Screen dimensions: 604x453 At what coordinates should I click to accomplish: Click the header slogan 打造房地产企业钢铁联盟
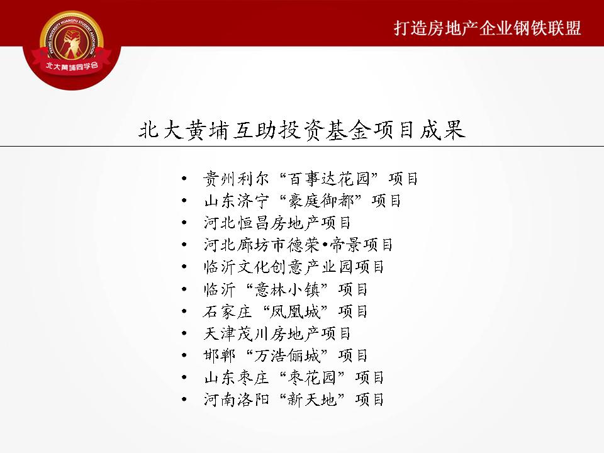pyautogui.click(x=487, y=28)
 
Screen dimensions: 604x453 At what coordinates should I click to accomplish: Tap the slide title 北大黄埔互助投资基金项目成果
pyautogui.click(x=302, y=130)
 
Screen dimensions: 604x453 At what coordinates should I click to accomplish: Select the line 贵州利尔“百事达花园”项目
pyautogui.click(x=310, y=179)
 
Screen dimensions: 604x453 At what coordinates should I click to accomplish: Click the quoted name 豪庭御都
pyautogui.click(x=321, y=201)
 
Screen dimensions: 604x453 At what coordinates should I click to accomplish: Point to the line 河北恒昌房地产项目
pyautogui.click(x=277, y=223)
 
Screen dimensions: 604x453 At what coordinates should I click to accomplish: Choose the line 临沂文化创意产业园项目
pyautogui.click(x=294, y=267)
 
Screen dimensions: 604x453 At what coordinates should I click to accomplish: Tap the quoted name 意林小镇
pyautogui.click(x=287, y=289)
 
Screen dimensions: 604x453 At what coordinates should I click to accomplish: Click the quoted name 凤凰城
pyautogui.click(x=295, y=311)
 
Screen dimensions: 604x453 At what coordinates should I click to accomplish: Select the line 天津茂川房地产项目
pyautogui.click(x=277, y=333)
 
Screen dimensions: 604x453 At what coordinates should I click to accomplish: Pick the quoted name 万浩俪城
pyautogui.click(x=287, y=355)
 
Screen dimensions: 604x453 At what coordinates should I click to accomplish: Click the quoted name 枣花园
pyautogui.click(x=312, y=377)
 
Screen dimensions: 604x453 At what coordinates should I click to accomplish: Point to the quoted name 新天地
pyautogui.click(x=312, y=399)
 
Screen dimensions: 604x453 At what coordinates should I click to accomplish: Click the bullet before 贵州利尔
pyautogui.click(x=184, y=179)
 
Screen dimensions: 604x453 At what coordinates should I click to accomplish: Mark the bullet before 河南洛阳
pyautogui.click(x=184, y=399)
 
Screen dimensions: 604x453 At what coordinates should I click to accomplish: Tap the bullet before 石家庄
pyautogui.click(x=184, y=311)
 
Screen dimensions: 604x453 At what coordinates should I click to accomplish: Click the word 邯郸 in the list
pyautogui.click(x=219, y=355)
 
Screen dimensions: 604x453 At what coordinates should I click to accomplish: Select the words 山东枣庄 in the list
pyautogui.click(x=236, y=377)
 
